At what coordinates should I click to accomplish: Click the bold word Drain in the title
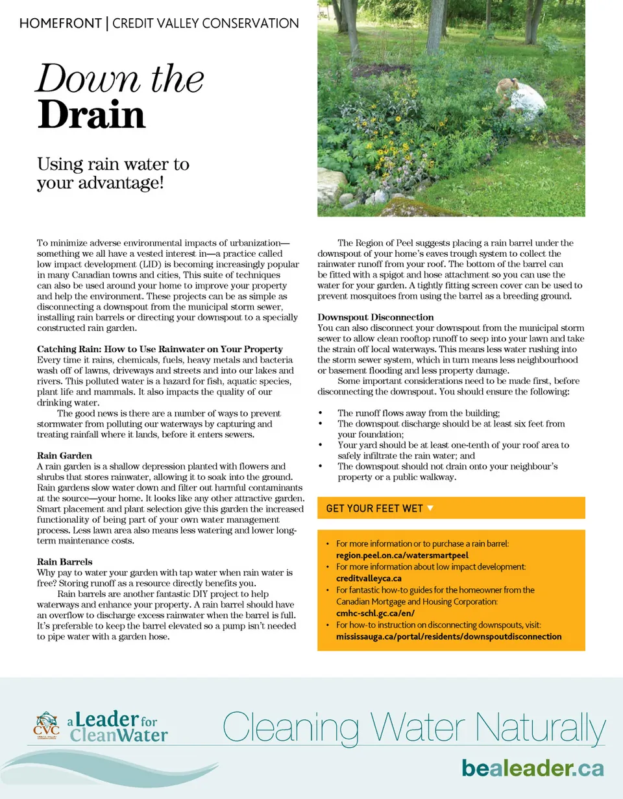click(91, 115)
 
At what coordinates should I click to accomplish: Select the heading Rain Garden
click(64, 456)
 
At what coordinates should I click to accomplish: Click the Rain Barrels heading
click(65, 562)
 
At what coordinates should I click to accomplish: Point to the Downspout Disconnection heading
click(376, 317)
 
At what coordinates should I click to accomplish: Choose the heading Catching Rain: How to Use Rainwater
click(160, 350)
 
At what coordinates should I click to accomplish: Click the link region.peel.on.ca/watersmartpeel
click(402, 555)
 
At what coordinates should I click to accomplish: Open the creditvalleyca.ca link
click(369, 578)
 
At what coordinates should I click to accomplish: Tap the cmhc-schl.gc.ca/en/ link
click(375, 613)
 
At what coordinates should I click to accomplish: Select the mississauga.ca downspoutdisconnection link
click(448, 636)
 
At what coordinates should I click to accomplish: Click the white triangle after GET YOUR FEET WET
click(430, 508)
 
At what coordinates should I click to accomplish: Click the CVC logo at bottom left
click(46, 726)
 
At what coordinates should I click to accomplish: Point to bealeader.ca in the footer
click(532, 768)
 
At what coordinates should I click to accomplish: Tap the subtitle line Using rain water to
click(113, 164)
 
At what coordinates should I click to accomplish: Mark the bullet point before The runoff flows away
click(321, 413)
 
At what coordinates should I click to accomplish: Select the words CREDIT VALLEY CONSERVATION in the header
click(206, 24)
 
